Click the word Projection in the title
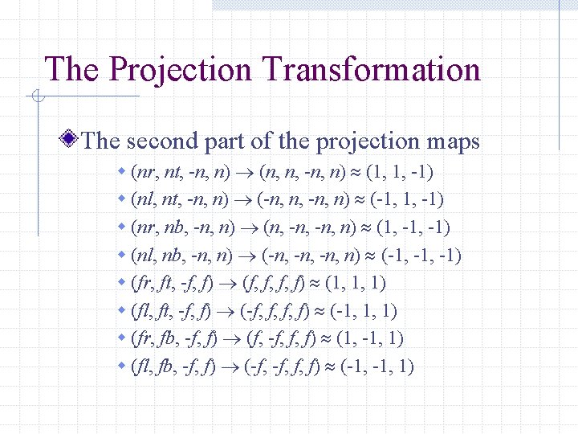tap(180, 70)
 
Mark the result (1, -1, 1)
tap(371, 339)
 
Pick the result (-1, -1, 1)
tap(377, 367)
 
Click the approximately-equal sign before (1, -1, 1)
tap(325, 339)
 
